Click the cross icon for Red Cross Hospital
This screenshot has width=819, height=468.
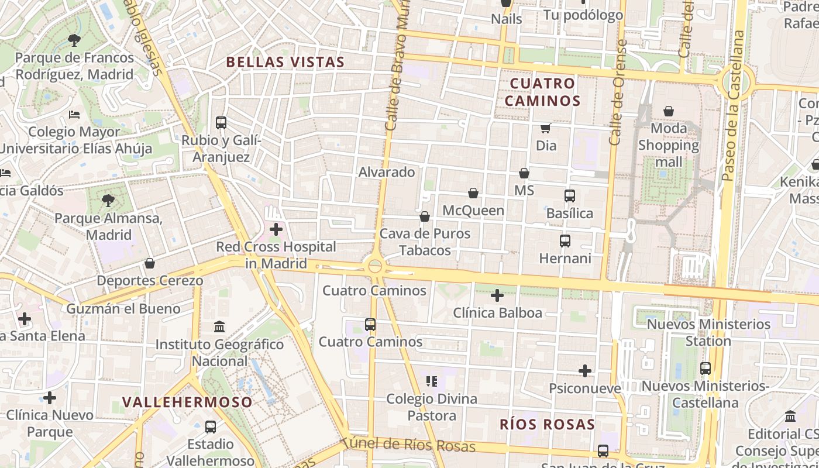tap(276, 229)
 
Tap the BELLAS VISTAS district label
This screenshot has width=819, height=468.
tap(285, 62)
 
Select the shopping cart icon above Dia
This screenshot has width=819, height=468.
tap(546, 128)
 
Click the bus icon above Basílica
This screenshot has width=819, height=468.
tap(570, 196)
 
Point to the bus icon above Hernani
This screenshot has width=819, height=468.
tap(565, 240)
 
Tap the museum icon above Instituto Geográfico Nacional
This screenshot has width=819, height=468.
tap(219, 326)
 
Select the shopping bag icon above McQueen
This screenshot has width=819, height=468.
tap(473, 193)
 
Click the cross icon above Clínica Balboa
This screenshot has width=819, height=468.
tap(497, 295)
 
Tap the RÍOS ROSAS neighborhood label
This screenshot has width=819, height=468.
tap(547, 425)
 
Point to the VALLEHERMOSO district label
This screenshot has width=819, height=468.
tap(188, 402)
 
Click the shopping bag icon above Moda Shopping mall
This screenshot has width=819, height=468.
tap(669, 111)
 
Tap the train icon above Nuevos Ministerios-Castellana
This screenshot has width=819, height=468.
tap(706, 369)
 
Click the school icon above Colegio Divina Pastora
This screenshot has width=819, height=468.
tap(432, 382)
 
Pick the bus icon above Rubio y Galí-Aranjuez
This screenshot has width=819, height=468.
tap(221, 123)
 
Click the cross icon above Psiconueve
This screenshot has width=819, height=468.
tap(585, 371)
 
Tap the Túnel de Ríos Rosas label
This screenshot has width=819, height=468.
tap(409, 445)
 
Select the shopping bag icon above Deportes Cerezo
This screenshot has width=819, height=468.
tap(150, 263)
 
